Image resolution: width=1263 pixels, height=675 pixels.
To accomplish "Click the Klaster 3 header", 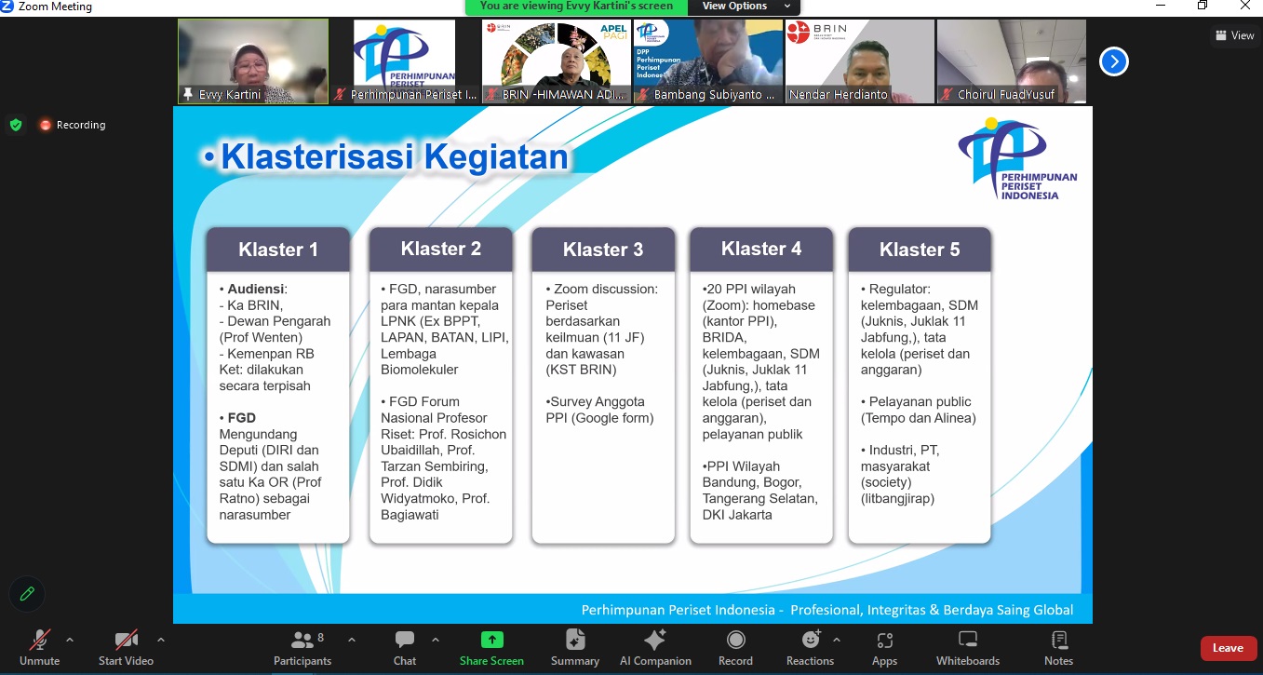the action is tap(603, 250).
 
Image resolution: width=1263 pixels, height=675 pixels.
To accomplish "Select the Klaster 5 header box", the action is tap(919, 250).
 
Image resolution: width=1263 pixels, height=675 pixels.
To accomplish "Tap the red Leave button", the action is tap(1228, 648).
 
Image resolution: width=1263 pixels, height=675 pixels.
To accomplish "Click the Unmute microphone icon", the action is tap(39, 640).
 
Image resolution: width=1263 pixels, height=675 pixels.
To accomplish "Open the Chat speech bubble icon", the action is tap(404, 640).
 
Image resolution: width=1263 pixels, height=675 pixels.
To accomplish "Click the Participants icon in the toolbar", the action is tap(302, 640).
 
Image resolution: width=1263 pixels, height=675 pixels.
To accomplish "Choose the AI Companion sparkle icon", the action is tap(654, 640).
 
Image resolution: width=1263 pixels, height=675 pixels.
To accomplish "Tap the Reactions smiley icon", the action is tap(811, 640).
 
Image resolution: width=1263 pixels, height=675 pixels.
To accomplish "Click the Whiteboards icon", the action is tap(968, 640).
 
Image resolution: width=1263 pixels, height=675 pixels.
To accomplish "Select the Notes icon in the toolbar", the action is tap(1059, 640).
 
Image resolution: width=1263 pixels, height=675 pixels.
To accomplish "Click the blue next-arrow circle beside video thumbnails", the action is tap(1113, 61).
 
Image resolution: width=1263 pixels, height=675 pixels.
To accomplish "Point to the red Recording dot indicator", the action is tap(45, 125).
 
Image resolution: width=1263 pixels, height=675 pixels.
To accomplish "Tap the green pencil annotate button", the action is tap(26, 594).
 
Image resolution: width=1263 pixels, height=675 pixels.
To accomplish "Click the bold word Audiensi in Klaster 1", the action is tap(255, 289).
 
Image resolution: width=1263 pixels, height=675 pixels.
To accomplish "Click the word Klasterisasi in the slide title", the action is tap(316, 156).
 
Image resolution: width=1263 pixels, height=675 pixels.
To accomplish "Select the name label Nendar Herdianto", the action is tap(838, 94).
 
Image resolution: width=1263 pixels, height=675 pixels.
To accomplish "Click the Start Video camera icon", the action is tap(126, 640).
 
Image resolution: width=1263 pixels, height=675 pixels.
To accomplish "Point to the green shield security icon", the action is tap(16, 125).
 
